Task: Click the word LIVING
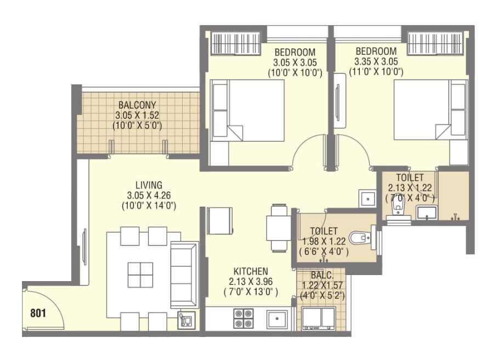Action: tap(149, 185)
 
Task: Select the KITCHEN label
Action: tap(250, 271)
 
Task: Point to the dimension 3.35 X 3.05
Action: tap(376, 61)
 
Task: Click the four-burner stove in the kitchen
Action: tap(244, 319)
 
